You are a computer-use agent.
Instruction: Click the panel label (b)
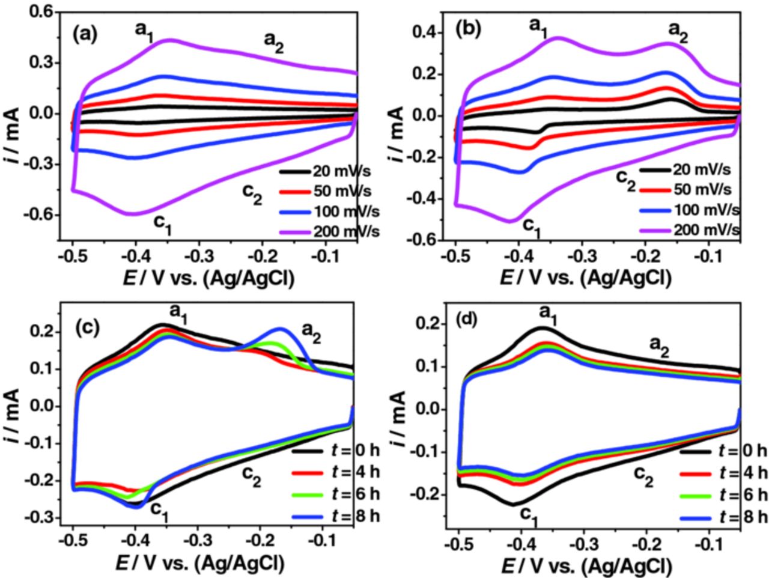469,29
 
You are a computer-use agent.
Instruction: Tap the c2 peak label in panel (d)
645,475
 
